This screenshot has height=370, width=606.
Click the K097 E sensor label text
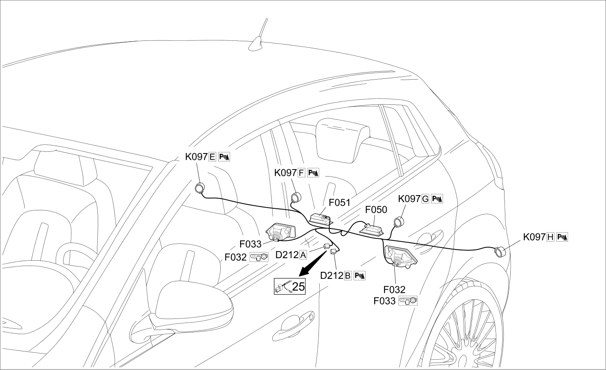point(200,157)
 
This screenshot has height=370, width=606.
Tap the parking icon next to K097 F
point(313,173)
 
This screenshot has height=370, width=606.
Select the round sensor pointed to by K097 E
point(200,188)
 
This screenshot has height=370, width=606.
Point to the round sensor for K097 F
point(296,197)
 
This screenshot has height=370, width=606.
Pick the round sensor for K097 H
point(500,252)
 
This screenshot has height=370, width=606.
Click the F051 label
point(340,203)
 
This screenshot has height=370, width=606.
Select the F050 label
point(376,210)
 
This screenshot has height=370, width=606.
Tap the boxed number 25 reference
point(290,286)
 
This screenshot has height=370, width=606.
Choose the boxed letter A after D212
point(303,255)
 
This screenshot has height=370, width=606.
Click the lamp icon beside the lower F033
point(408,301)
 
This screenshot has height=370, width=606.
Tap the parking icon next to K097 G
point(437,199)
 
